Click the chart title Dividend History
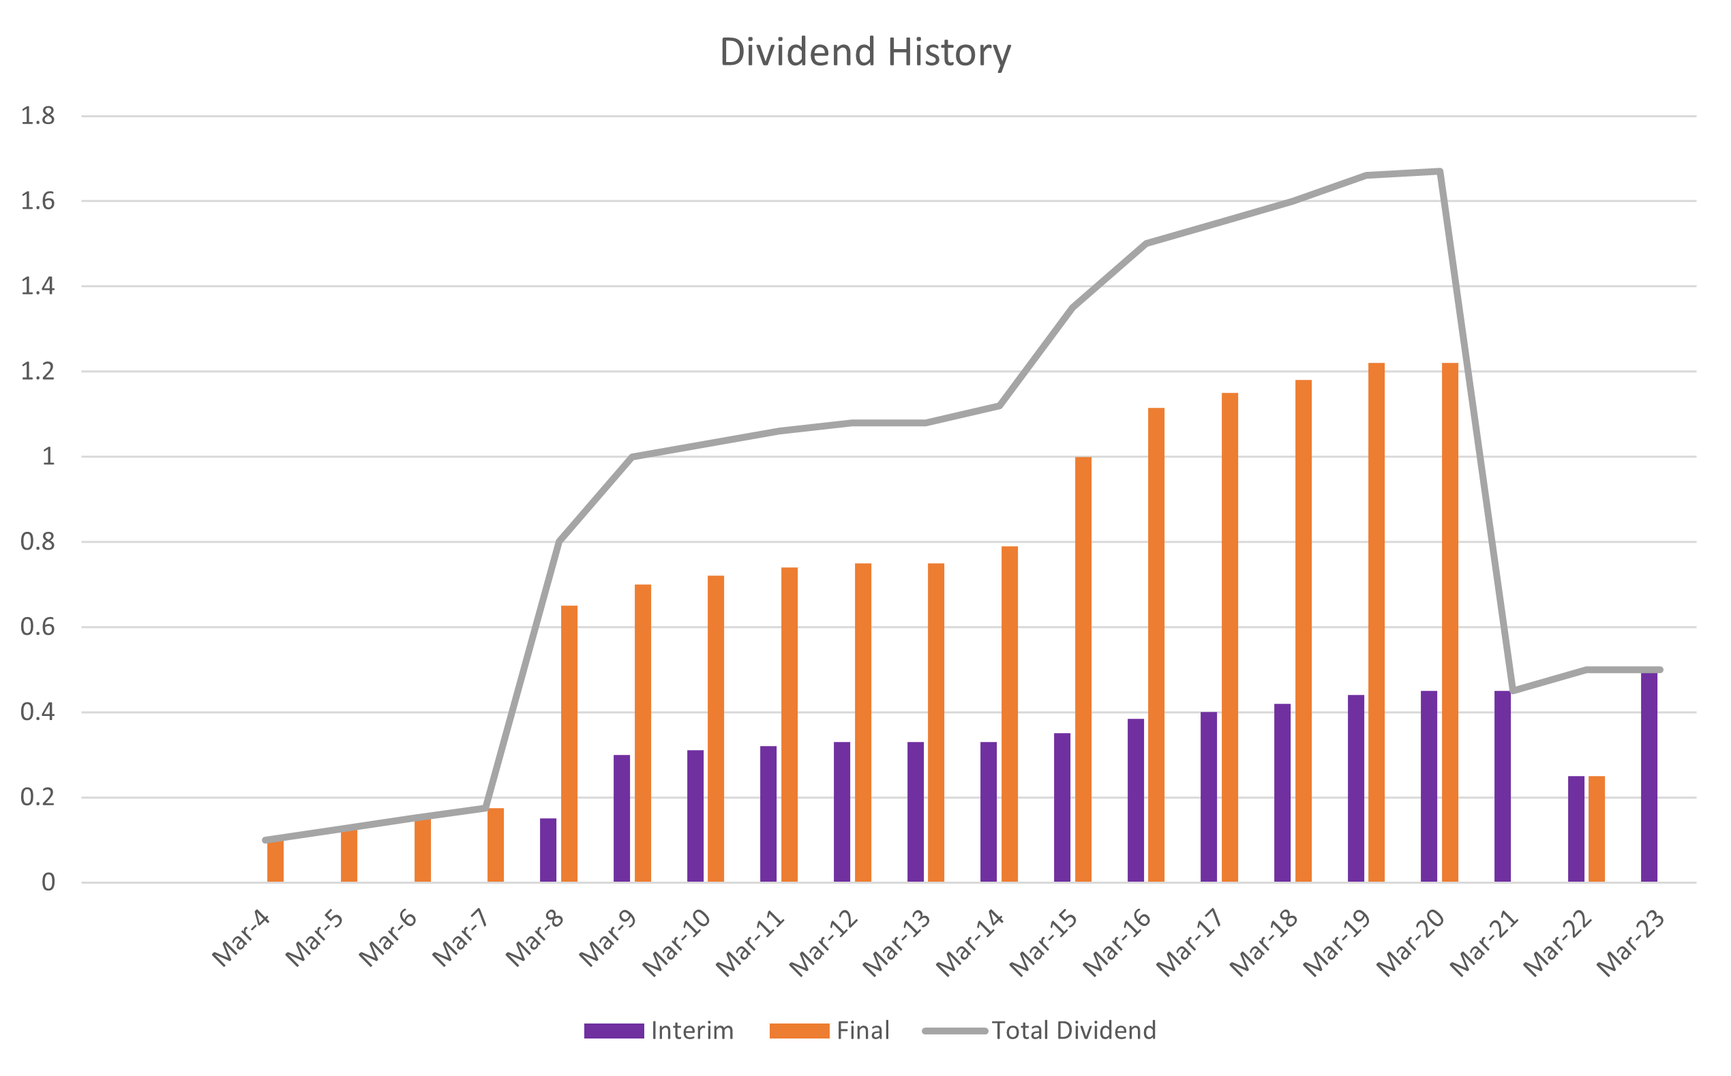click(864, 53)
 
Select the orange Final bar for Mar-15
click(1083, 669)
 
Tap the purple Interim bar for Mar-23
click(1649, 777)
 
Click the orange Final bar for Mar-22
click(1597, 829)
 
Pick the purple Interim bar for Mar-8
click(549, 850)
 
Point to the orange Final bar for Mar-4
click(275, 861)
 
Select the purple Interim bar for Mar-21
click(1503, 786)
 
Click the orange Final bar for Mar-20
click(1450, 623)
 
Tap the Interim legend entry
click(658, 1030)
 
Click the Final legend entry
click(830, 1030)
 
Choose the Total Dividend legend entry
click(1039, 1030)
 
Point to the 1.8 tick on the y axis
click(37, 116)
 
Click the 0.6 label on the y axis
click(37, 627)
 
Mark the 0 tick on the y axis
click(48, 882)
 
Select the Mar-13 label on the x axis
click(897, 943)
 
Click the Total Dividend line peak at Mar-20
click(1440, 172)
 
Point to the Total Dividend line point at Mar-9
click(633, 456)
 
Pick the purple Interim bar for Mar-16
click(1137, 801)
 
